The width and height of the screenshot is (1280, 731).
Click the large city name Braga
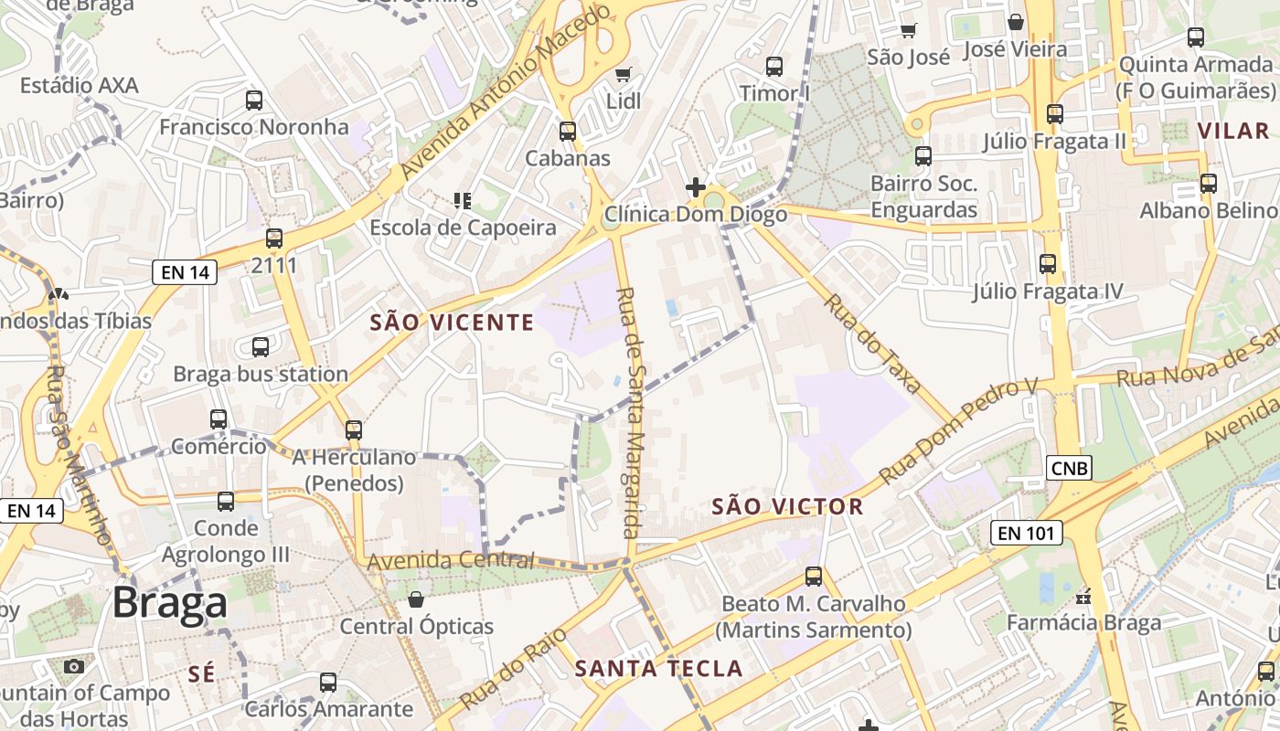(170, 603)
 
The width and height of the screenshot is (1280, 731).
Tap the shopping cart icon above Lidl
(624, 75)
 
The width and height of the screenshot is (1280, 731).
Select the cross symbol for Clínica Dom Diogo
(695, 187)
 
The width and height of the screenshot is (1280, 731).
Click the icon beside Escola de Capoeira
(463, 200)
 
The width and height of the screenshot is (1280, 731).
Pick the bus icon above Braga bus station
(261, 347)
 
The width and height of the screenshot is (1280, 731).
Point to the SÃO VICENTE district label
(452, 322)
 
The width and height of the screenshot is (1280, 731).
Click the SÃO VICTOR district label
(787, 506)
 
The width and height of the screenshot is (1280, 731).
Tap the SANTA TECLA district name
(658, 668)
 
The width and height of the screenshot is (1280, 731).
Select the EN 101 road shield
(1027, 533)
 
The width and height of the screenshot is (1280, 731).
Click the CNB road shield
(1070, 468)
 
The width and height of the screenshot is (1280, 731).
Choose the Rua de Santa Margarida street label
(628, 411)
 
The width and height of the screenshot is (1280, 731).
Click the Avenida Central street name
(450, 560)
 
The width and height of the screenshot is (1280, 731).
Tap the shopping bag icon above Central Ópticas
(416, 599)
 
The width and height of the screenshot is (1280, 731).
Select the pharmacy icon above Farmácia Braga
(1084, 596)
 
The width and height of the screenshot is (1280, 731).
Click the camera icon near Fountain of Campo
(74, 666)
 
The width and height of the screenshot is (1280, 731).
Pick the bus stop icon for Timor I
(774, 66)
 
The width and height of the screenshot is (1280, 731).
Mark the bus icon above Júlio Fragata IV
(1048, 264)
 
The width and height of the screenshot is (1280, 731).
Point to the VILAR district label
(1233, 131)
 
